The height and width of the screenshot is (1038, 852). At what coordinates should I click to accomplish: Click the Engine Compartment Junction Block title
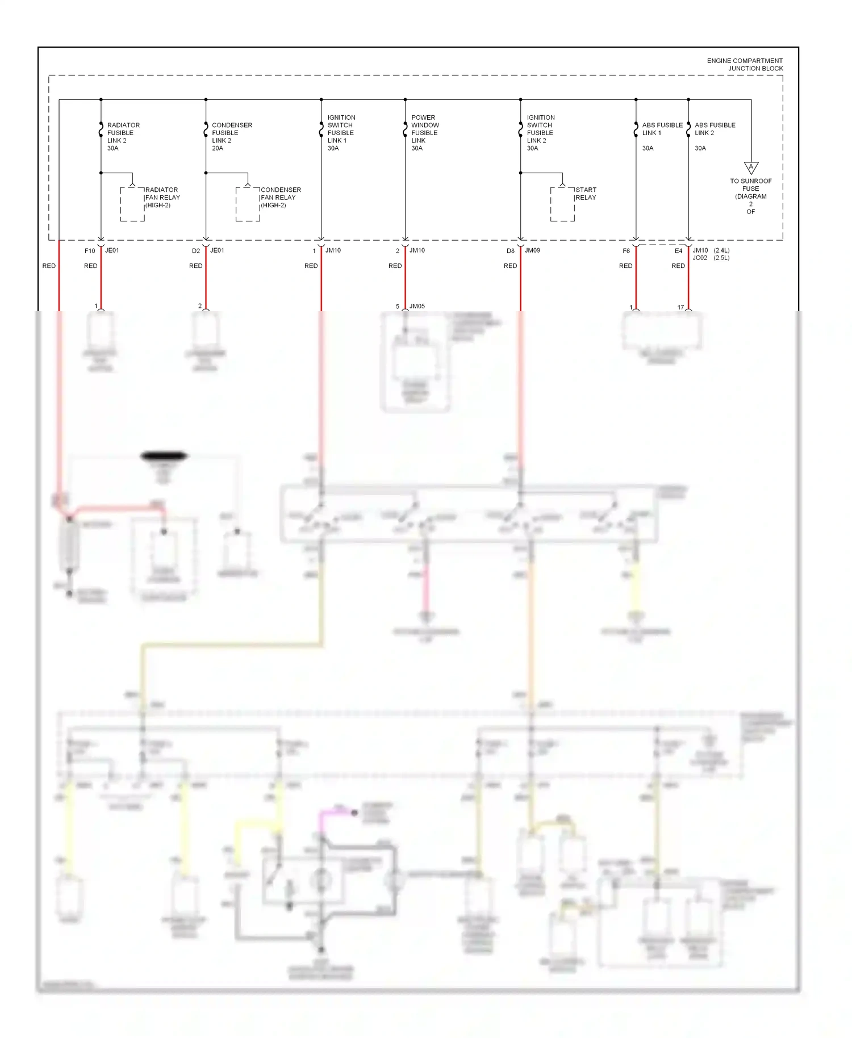tap(744, 64)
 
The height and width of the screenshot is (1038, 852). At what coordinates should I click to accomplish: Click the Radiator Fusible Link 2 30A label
tap(123, 136)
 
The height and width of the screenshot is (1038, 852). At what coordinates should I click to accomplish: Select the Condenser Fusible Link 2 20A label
tap(231, 136)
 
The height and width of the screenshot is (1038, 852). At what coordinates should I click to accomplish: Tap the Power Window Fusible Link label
tap(425, 132)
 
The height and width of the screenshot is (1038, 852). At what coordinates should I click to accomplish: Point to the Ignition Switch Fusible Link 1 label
tap(341, 132)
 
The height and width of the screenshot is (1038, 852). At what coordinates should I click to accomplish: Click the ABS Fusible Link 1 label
tap(662, 129)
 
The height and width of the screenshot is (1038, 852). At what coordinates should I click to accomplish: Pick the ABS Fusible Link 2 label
tap(715, 129)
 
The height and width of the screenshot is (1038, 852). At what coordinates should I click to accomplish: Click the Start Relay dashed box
tap(562, 204)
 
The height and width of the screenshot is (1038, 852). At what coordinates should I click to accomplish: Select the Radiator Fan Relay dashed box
tap(132, 204)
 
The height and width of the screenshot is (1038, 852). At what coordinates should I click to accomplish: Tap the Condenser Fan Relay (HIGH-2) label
tap(280, 197)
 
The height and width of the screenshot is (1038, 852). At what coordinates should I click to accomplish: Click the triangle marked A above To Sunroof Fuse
tap(751, 168)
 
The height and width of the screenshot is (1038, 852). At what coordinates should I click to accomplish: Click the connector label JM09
tap(532, 250)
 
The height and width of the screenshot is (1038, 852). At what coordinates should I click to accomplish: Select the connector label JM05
tap(417, 306)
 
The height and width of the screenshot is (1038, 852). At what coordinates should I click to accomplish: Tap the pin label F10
tap(90, 250)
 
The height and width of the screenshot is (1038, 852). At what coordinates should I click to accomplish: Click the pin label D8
tap(511, 250)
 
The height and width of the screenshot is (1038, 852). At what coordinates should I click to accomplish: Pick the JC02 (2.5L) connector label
tap(710, 258)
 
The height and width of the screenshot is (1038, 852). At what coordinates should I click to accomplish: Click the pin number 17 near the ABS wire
tap(680, 307)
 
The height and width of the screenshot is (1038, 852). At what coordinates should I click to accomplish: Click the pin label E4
tap(678, 250)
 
